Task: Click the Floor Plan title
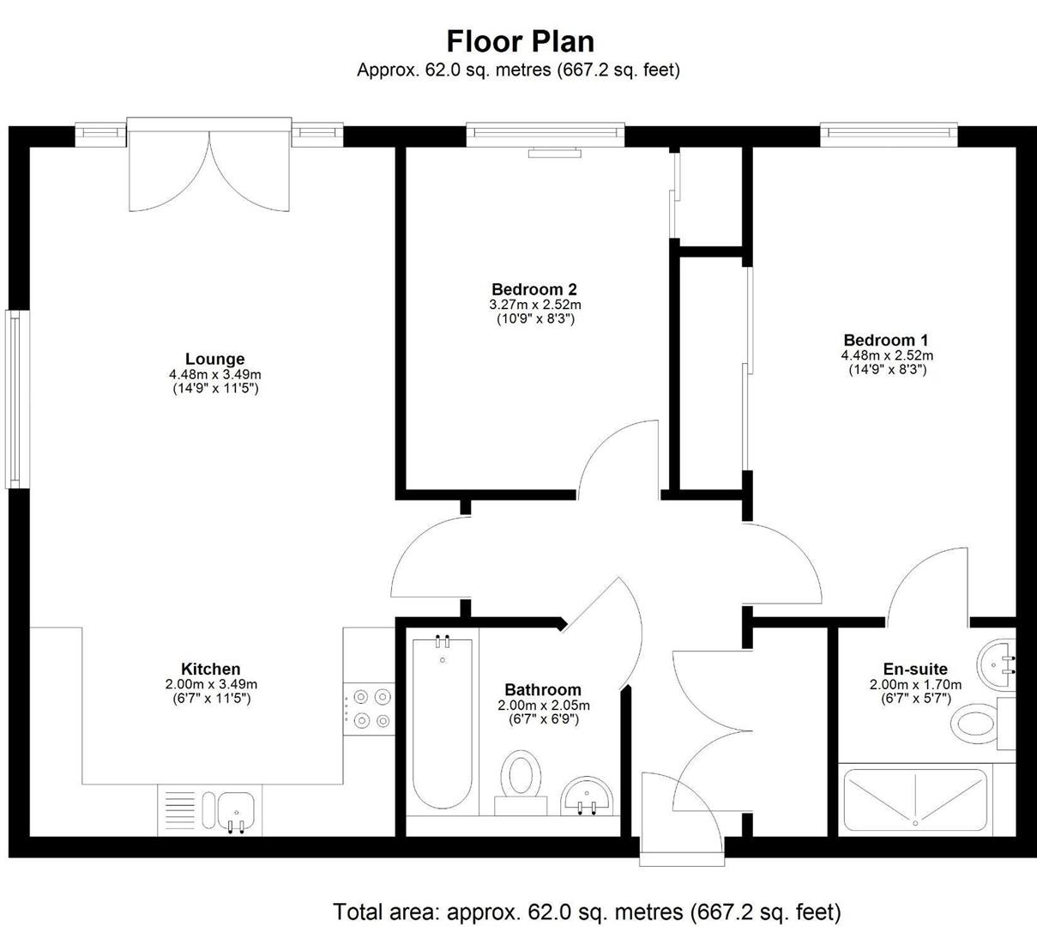[x=520, y=41]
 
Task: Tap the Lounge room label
[x=214, y=359]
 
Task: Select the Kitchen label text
[x=210, y=669]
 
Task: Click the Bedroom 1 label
[x=886, y=340]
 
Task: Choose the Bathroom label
[x=542, y=689]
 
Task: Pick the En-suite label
[x=915, y=669]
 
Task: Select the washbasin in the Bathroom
[x=588, y=796]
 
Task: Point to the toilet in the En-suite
[x=977, y=724]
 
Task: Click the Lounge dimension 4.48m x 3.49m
[x=214, y=374]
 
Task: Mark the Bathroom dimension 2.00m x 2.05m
[x=544, y=706]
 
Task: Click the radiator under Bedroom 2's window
[x=556, y=154]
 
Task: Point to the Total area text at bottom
[x=587, y=911]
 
